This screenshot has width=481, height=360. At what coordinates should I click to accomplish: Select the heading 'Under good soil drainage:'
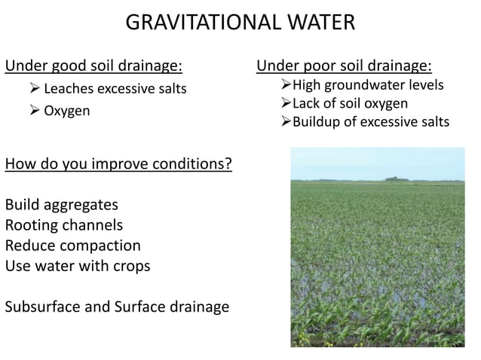[94, 66]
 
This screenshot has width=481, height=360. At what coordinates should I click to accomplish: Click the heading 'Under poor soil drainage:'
[345, 66]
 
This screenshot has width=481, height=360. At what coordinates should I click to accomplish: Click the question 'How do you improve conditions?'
[118, 163]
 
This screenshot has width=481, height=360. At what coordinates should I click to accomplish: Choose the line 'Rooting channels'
[64, 225]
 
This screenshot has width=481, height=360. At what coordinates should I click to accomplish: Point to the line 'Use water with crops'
[78, 266]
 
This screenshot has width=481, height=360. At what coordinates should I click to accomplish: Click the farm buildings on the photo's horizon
[393, 178]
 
